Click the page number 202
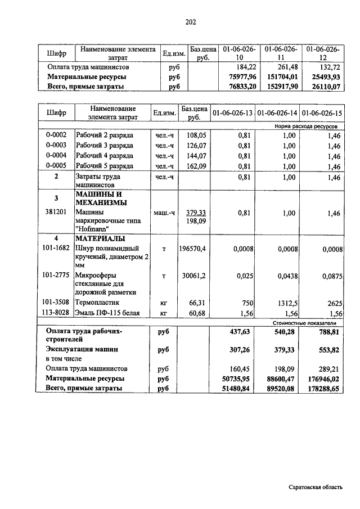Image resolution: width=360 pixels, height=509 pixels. pos(190,22)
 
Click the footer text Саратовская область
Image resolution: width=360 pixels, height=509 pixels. pos(314,487)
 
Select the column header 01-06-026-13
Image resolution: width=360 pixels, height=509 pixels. pos(232,113)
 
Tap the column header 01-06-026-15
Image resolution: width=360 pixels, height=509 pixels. pos(322,113)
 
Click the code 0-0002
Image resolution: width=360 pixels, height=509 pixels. pos(56,135)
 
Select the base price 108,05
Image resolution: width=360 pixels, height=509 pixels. pos(196,135)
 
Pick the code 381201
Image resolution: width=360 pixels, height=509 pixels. pos(56,213)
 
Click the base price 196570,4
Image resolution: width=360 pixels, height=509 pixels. pos(194,249)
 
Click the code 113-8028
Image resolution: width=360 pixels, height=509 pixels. pos(56,313)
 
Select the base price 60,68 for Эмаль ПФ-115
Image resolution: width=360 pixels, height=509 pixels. pos(196,313)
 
